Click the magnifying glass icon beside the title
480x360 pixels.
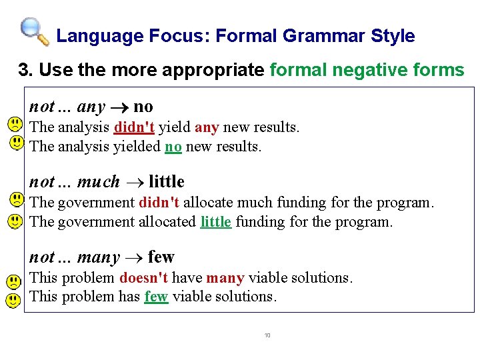click(x=34, y=31)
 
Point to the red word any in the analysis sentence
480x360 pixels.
click(x=207, y=127)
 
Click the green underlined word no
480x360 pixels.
click(x=173, y=146)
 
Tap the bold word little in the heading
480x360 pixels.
click(x=167, y=181)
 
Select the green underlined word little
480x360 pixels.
click(x=215, y=221)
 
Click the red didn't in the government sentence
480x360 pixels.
click(x=159, y=202)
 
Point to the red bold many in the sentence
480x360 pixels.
click(x=224, y=277)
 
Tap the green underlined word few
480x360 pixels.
click(x=156, y=297)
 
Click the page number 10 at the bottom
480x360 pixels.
click(x=267, y=335)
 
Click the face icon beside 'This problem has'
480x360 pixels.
click(x=13, y=300)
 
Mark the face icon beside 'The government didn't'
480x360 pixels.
click(x=15, y=199)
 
